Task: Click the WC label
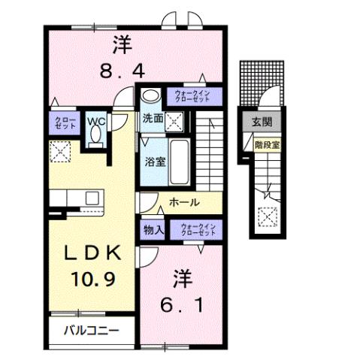click(95, 120)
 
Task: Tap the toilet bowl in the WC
click(95, 135)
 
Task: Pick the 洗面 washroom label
click(153, 118)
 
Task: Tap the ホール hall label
click(184, 203)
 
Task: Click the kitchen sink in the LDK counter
click(93, 199)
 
